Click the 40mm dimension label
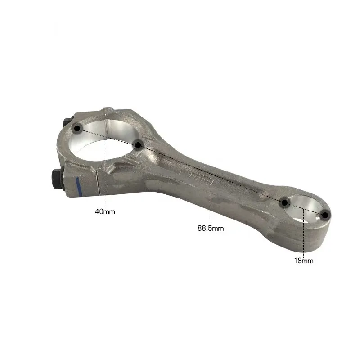pos(105,211)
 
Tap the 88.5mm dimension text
pos(211,228)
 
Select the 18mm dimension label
pos(304,261)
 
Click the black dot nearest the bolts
pos(77,128)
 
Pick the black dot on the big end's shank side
pos(138,145)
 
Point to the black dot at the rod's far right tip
pos(325,215)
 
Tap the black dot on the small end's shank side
pos(284,203)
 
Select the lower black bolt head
pos(57,179)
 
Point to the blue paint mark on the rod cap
pos(77,185)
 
